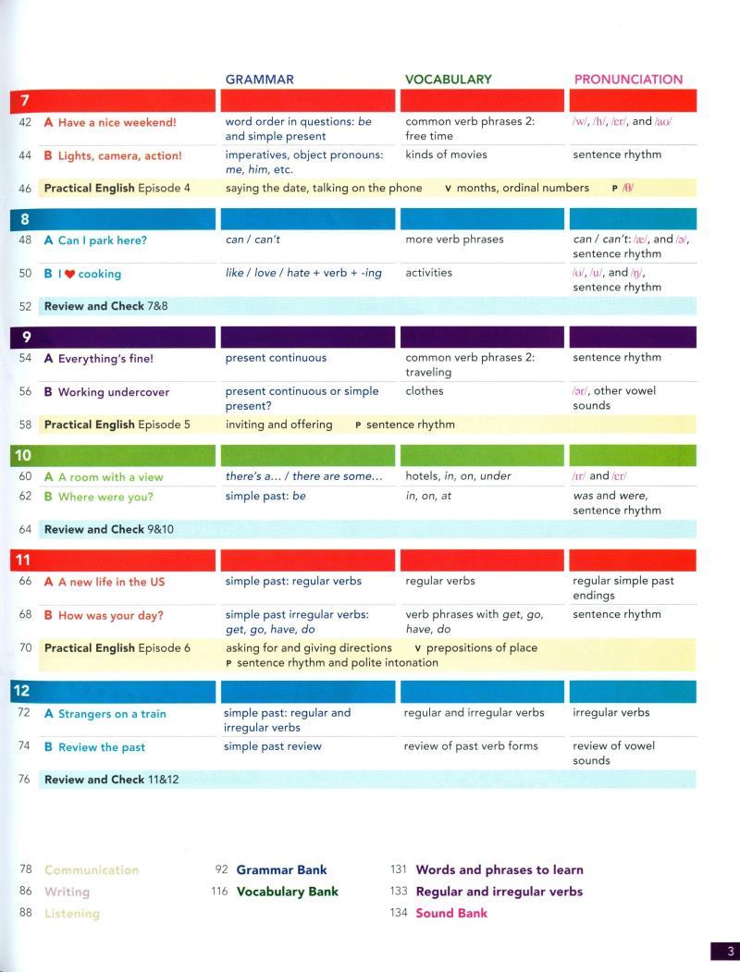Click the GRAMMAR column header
(x=259, y=80)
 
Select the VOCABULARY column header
(x=448, y=80)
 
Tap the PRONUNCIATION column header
(x=628, y=80)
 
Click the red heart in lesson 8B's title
(x=69, y=274)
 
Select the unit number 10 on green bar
(x=23, y=456)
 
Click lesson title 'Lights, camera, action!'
(x=119, y=156)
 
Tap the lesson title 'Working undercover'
(x=113, y=392)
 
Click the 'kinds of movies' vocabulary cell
(x=446, y=154)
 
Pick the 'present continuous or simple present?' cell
(x=302, y=399)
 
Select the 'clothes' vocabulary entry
(x=424, y=391)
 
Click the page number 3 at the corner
(x=729, y=951)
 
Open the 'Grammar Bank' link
(x=281, y=869)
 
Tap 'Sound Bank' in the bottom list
(x=451, y=913)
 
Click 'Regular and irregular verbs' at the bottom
(x=499, y=892)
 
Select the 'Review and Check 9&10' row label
(x=109, y=530)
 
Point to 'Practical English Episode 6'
(x=117, y=648)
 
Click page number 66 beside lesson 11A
(x=25, y=582)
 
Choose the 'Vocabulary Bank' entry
(x=288, y=892)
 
